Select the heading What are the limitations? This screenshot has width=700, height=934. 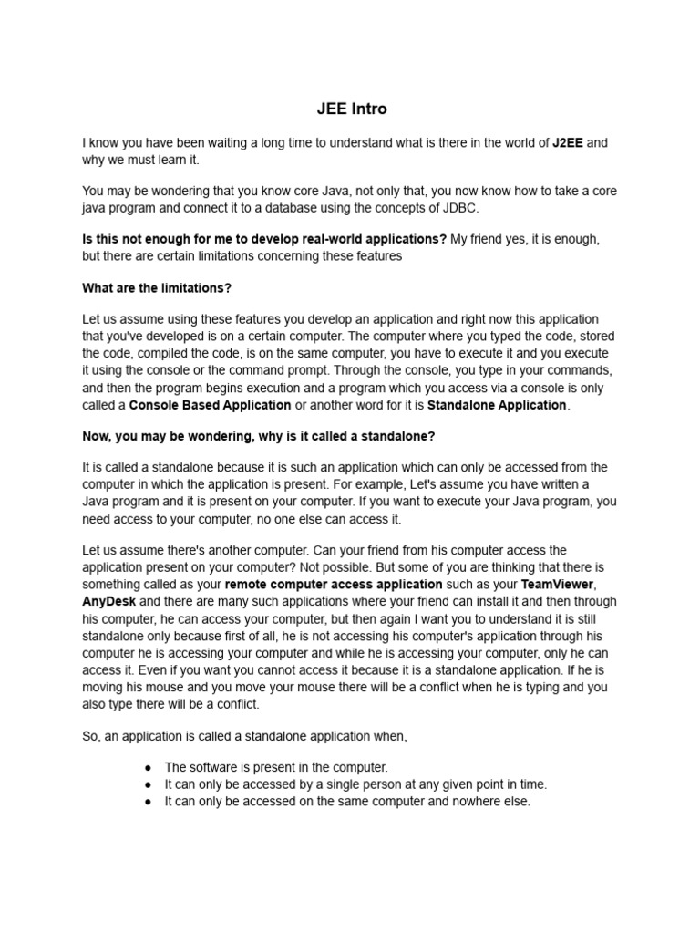[157, 288]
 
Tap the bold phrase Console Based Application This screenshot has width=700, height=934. [211, 405]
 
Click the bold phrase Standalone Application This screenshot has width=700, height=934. [497, 405]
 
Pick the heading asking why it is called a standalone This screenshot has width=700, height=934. [259, 436]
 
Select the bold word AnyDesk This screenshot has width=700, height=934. [108, 601]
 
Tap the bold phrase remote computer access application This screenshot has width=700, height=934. [334, 584]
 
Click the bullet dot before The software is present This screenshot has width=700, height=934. [148, 768]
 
